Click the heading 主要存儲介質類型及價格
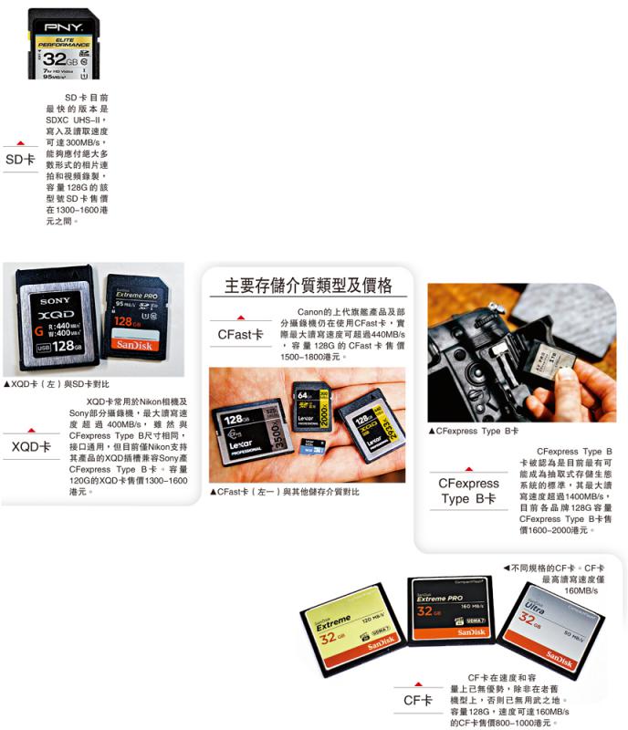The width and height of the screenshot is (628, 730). pos(309,286)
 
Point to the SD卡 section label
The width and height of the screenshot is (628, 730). pos(20,160)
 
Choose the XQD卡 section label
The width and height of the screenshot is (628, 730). pos(31,446)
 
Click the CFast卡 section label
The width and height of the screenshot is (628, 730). pos(240,335)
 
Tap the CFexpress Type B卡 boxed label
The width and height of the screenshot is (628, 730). pos(469,491)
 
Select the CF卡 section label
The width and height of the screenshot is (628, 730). pos(417,700)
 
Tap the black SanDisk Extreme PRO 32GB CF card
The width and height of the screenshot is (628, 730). pos(447,610)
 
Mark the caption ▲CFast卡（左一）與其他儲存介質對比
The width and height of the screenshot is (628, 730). pos(285,492)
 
